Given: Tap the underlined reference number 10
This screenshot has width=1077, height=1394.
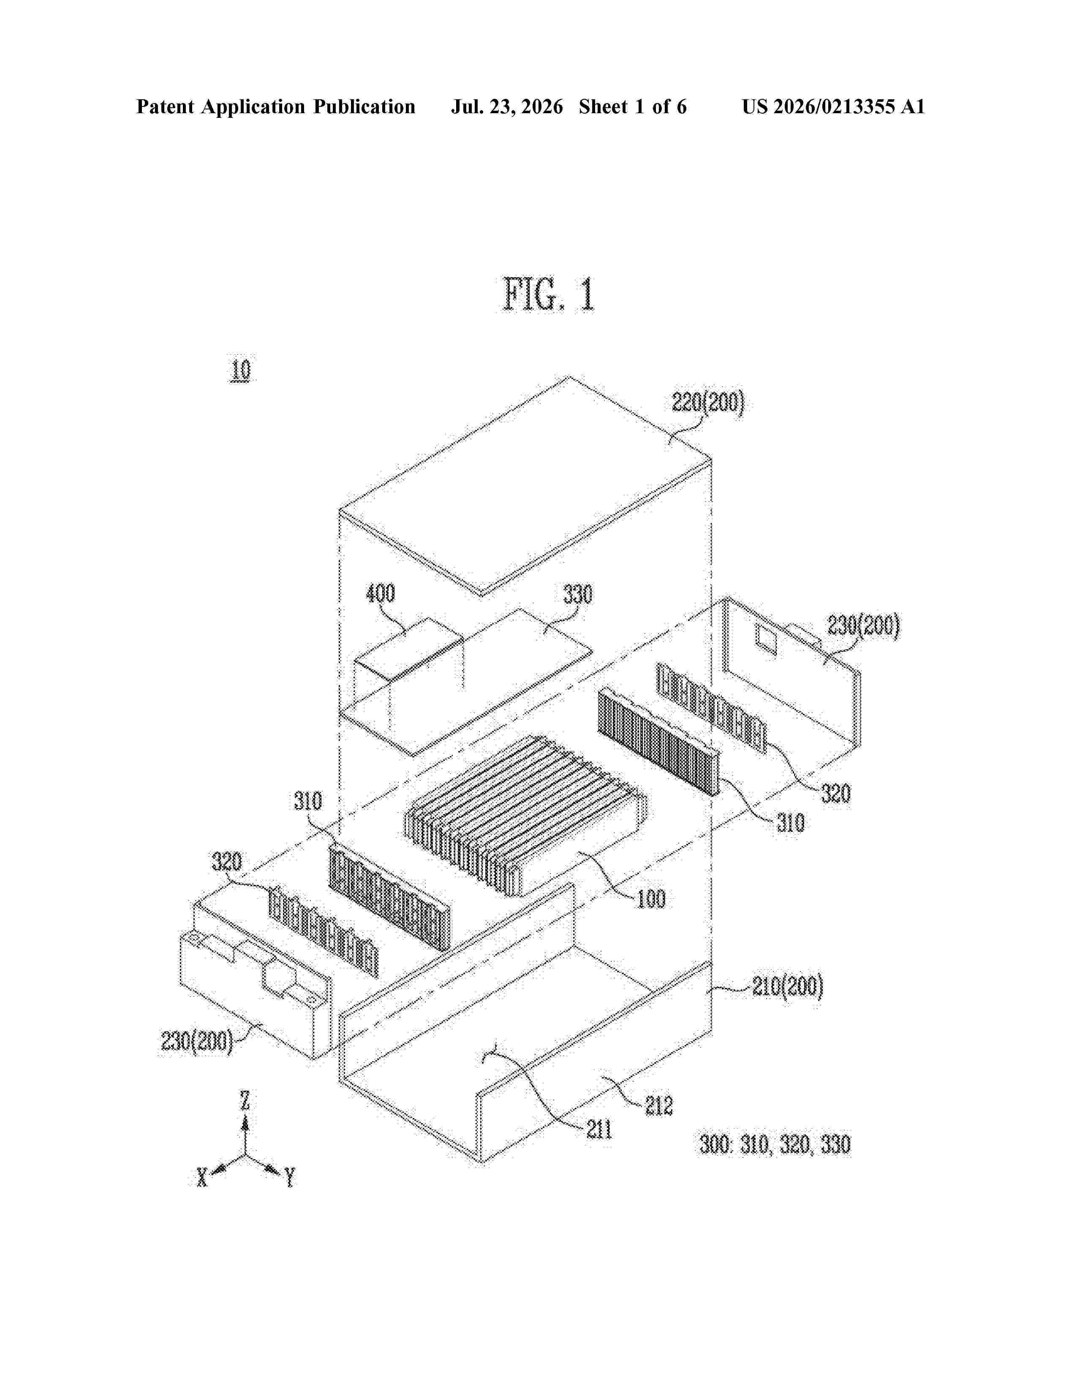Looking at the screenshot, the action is pos(241,370).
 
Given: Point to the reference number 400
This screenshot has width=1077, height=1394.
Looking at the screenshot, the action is pos(380,594).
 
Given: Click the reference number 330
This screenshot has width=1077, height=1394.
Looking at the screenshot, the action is pos(577,594).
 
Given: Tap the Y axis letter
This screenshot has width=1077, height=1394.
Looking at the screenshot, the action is pos(290,1177).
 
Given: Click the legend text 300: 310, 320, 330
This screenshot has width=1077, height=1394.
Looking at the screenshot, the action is pos(775,1144).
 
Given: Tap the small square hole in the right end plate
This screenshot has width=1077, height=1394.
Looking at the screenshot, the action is pos(766,640).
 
